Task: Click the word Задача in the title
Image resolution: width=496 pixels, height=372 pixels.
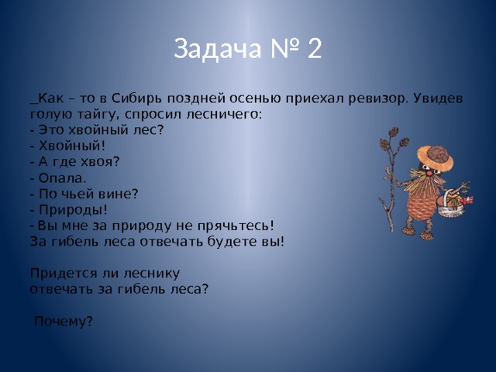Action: tap(218, 49)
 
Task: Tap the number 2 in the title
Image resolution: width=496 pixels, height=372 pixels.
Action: tap(314, 48)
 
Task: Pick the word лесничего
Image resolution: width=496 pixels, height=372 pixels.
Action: tap(224, 114)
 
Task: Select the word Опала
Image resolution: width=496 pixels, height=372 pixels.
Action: tap(62, 178)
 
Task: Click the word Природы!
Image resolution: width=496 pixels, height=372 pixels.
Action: tap(73, 210)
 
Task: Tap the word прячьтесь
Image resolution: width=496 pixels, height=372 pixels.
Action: tap(236, 226)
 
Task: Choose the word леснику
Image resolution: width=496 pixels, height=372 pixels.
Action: tap(152, 274)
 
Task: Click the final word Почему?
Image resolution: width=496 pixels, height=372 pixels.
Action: tap(64, 322)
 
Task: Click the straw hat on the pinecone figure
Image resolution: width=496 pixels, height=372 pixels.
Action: tap(436, 157)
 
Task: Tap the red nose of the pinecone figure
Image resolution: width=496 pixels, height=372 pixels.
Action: tap(429, 174)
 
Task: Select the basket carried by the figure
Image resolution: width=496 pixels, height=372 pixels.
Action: tap(449, 203)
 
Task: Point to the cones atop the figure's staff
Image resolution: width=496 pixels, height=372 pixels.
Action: tap(394, 139)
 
